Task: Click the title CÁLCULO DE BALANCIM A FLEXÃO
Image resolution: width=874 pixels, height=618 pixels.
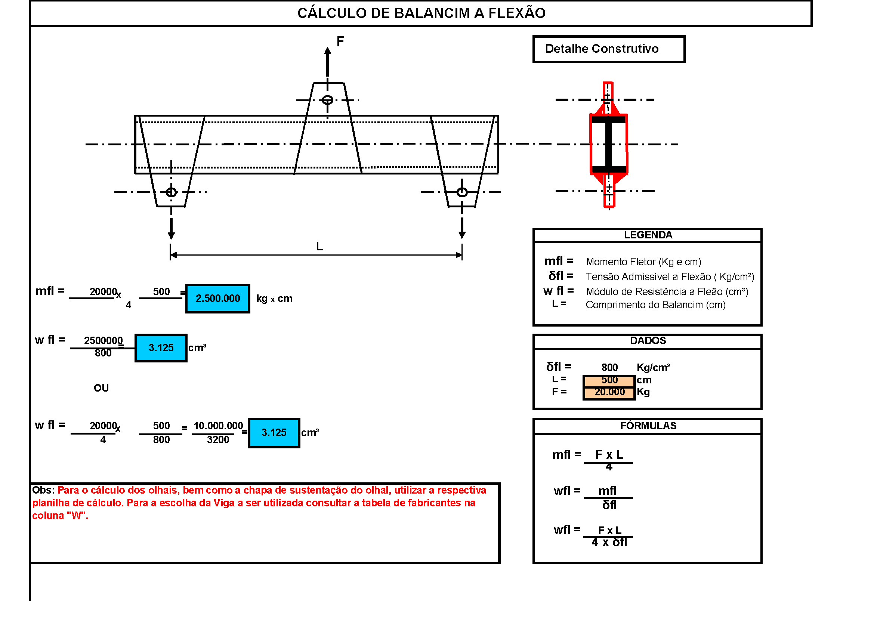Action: (x=421, y=13)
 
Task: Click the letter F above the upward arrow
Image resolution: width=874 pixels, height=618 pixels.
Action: (x=340, y=41)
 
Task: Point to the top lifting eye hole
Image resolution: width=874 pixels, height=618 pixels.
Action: (x=327, y=100)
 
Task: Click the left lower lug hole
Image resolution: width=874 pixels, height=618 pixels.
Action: (x=171, y=192)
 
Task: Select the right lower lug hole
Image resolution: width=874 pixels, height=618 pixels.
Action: (x=462, y=192)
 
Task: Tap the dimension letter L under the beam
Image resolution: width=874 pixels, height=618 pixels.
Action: (x=319, y=247)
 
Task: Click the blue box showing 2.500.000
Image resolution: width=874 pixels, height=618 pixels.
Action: (x=218, y=299)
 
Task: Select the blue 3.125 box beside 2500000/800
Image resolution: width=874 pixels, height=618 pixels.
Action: (x=161, y=348)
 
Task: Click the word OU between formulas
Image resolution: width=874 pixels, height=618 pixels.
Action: (x=101, y=388)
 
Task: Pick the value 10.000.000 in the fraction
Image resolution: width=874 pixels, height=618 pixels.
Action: (x=218, y=426)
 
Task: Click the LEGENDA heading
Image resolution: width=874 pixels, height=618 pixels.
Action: (x=648, y=235)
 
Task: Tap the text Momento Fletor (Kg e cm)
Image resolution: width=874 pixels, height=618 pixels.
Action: (x=643, y=262)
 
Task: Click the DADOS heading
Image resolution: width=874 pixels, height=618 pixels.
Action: (x=648, y=341)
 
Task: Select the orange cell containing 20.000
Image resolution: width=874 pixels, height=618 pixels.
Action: (x=609, y=392)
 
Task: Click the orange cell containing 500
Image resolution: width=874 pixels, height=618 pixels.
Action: (x=609, y=380)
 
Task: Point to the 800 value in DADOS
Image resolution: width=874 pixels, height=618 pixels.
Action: (x=609, y=368)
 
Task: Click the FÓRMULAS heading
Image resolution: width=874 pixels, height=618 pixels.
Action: (x=648, y=426)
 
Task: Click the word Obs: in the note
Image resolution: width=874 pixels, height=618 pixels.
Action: (x=43, y=490)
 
